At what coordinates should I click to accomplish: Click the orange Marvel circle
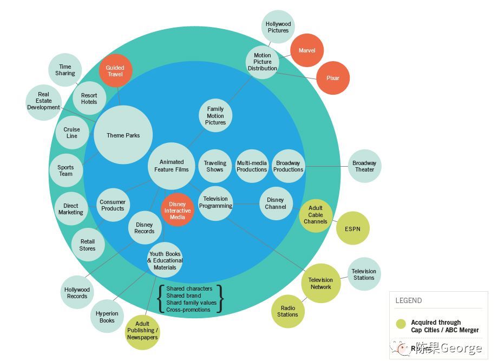tap(307, 50)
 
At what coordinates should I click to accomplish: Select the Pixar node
tap(333, 78)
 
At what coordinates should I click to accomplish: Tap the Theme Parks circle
tap(123, 135)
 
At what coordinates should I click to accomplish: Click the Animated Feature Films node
tap(172, 166)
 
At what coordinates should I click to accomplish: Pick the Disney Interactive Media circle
tap(178, 210)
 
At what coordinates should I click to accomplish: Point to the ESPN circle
tap(352, 229)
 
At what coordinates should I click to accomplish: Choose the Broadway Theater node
tap(364, 166)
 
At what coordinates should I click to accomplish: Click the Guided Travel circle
tap(115, 71)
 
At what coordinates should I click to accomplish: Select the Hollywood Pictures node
tap(278, 27)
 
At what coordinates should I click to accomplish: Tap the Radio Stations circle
tap(287, 311)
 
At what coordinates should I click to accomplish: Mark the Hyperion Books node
tap(107, 317)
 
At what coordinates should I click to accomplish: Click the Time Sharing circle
tap(65, 70)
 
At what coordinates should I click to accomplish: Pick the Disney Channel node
tap(276, 204)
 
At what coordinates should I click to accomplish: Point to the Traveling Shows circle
tap(215, 166)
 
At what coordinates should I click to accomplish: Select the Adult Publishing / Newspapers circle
tap(142, 330)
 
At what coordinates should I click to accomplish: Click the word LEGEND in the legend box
tap(409, 301)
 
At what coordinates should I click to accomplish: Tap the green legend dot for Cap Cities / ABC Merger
tap(401, 324)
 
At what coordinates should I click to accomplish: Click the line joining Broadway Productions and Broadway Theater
tap(326, 166)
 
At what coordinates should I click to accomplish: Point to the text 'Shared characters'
tap(189, 289)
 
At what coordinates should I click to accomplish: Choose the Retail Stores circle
tap(88, 245)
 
